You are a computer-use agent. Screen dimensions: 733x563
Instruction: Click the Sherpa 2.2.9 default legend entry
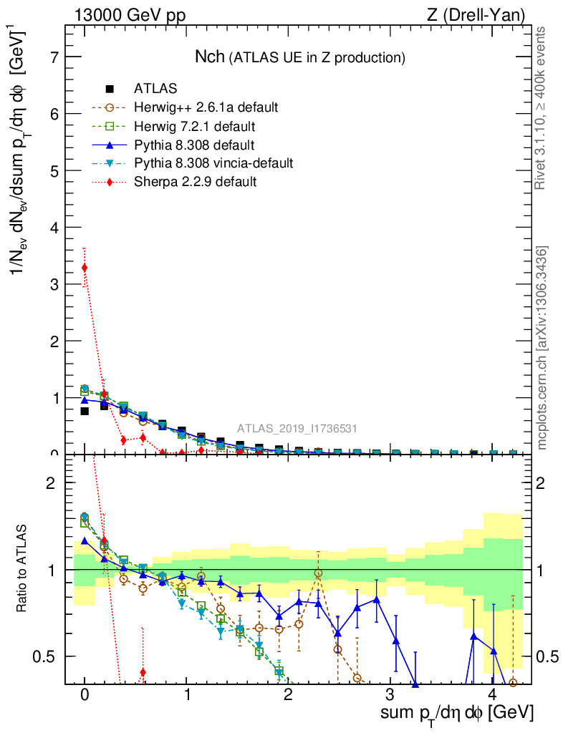[x=195, y=182]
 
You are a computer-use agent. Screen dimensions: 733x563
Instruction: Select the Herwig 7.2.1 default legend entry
[x=194, y=127]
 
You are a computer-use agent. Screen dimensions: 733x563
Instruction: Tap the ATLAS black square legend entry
[x=110, y=89]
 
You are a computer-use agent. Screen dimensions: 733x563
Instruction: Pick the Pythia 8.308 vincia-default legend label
[x=213, y=163]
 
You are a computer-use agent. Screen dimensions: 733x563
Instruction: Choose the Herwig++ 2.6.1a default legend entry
[x=206, y=108]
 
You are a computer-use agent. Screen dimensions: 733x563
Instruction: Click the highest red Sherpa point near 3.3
[x=85, y=268]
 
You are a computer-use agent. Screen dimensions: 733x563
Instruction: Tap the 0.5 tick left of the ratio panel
[x=48, y=656]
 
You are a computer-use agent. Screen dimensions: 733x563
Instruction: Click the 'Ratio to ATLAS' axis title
[x=23, y=568]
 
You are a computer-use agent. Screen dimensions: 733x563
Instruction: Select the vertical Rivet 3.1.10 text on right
[x=542, y=108]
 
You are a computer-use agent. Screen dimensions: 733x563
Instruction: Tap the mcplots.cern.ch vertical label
[x=542, y=348]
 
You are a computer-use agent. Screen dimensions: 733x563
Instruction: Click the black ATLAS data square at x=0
[x=85, y=411]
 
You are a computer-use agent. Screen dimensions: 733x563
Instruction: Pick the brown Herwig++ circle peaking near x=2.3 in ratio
[x=318, y=573]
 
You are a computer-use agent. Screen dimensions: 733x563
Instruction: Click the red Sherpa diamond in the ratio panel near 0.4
[x=143, y=671]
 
